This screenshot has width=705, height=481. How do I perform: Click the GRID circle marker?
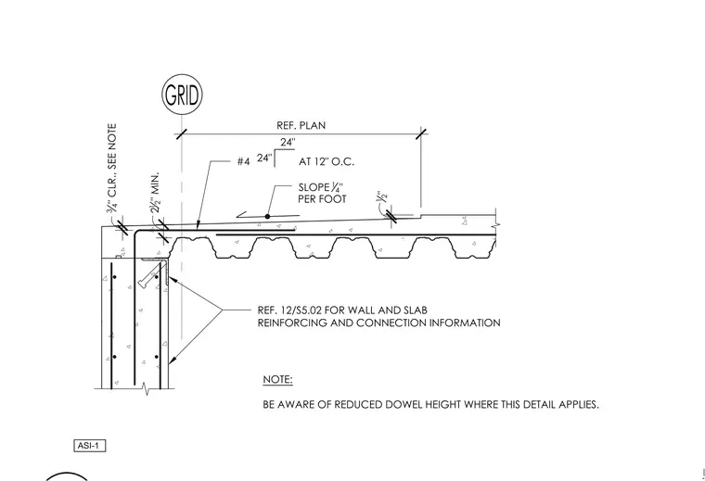coord(182,95)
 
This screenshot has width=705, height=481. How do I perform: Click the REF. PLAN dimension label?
coord(301,125)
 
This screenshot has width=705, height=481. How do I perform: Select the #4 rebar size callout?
coord(243,161)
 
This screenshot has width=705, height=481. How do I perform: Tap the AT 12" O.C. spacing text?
coord(327,161)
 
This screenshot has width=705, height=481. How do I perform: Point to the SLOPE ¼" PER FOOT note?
coord(323,193)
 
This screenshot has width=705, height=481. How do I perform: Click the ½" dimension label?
coord(382,196)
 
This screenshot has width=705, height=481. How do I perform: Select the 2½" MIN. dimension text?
coord(155,193)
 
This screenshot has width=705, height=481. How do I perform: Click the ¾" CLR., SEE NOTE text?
coord(111,168)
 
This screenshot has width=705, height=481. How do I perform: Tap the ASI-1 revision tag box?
coord(89,446)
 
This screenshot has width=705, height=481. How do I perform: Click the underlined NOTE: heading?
coord(277,379)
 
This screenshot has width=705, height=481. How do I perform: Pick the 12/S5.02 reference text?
coord(301,310)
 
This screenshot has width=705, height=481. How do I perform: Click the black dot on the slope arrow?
coord(267,217)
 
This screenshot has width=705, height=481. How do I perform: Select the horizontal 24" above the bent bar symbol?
coord(288,143)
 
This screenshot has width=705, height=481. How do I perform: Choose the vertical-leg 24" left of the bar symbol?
coord(264,158)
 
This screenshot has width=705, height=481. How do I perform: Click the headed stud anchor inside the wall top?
coord(150,275)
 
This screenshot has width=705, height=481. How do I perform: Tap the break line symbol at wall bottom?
coord(146,389)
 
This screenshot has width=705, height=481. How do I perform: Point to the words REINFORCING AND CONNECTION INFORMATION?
coord(379,323)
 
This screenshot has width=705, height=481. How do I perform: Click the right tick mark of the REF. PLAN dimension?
coord(421,133)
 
